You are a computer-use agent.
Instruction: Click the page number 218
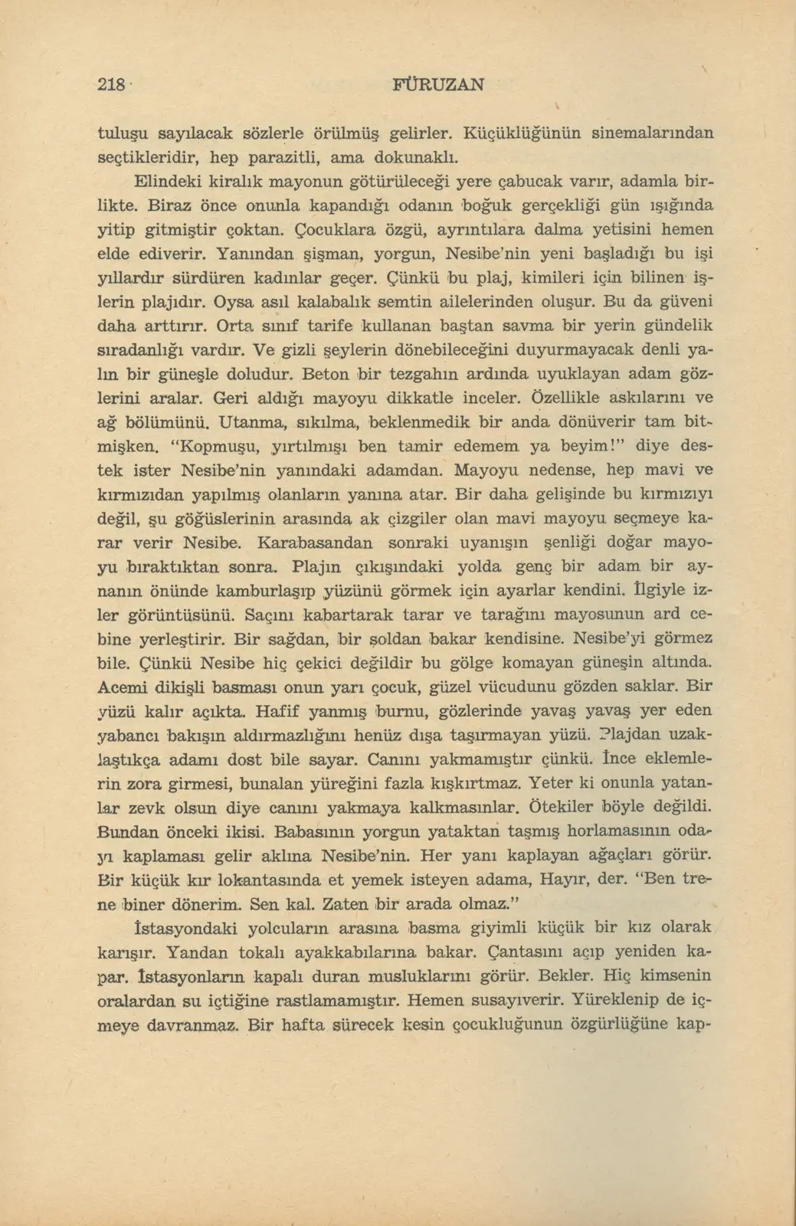tap(112, 85)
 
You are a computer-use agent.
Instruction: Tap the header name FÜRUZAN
tap(438, 84)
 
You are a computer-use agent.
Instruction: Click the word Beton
tap(327, 375)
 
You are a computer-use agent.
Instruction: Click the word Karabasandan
tap(316, 543)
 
